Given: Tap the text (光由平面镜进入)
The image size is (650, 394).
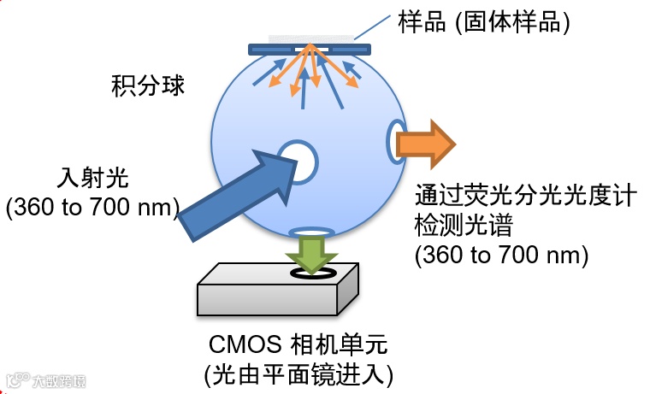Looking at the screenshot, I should point(298,373).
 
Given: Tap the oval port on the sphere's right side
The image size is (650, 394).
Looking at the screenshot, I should point(396,141).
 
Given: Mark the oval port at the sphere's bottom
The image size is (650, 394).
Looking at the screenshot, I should point(312,232).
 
